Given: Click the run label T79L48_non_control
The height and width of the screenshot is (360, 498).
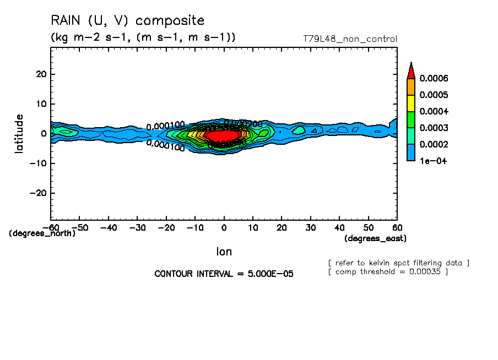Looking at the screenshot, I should (x=350, y=39).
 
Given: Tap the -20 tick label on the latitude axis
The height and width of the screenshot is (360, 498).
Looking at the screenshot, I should (x=39, y=193).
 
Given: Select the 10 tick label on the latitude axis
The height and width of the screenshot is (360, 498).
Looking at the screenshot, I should (x=41, y=104).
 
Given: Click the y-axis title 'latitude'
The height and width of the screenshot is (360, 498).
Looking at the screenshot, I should (x=19, y=133).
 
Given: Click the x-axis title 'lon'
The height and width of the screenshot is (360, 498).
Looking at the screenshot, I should (x=224, y=252).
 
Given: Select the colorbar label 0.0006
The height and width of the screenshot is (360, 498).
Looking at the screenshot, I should (x=434, y=79).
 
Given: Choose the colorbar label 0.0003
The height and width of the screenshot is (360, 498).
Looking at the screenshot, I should (x=434, y=128).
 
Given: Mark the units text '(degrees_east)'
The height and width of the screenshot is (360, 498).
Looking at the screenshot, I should (x=375, y=238).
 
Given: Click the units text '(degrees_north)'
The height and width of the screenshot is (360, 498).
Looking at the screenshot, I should (x=42, y=233).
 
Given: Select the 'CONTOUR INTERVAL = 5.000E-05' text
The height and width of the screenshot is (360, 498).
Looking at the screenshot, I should (x=224, y=274).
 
